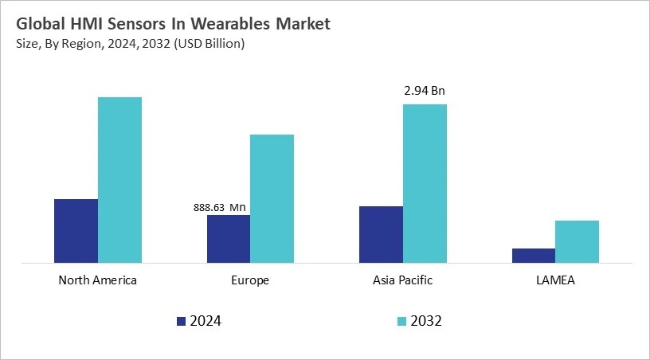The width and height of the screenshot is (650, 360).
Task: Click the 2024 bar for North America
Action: tap(76, 230)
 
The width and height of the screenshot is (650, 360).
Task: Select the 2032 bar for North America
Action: tap(119, 179)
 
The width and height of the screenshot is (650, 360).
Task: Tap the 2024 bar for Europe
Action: tap(229, 238)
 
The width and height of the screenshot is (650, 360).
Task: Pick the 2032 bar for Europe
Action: tap(272, 198)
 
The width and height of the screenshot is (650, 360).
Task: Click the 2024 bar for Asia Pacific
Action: tap(381, 234)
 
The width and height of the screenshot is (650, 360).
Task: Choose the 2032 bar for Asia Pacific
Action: tap(425, 183)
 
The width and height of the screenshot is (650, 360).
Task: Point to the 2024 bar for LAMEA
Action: tap(533, 255)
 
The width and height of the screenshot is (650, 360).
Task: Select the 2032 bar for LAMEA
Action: tap(577, 241)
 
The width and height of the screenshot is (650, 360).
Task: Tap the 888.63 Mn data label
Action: tap(220, 208)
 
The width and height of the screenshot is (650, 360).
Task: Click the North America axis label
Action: tap(98, 280)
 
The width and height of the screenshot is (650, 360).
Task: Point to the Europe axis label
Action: tap(250, 280)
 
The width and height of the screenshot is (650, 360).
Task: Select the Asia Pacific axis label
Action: tap(403, 280)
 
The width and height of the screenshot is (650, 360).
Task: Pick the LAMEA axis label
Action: tap(555, 280)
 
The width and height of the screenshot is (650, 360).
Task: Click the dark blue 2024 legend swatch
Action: tap(181, 321)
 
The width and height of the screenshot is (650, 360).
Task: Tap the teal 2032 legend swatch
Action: tap(402, 321)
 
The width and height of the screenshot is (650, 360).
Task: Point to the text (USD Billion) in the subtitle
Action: tap(206, 43)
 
